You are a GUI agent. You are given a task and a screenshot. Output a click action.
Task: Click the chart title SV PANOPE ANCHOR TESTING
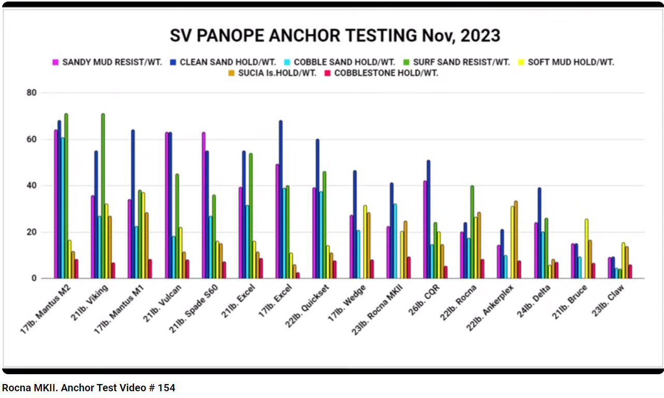tap(335, 36)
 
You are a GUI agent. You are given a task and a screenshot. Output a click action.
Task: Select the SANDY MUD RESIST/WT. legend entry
tap(112, 62)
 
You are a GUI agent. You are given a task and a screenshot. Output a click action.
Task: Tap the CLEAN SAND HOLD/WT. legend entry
tap(227, 62)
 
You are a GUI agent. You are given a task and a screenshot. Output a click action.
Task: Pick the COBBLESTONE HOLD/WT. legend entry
tap(386, 73)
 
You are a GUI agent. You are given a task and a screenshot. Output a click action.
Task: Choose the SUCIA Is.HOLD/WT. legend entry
tap(277, 73)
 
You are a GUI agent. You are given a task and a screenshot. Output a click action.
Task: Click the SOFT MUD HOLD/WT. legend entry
tap(571, 62)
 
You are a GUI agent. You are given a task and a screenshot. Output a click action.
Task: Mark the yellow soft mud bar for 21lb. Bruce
tap(586, 248)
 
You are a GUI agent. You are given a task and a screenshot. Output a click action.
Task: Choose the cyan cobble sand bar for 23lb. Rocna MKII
tap(395, 241)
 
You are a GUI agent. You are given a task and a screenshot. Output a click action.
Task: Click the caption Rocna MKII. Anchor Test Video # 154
tap(88, 388)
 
